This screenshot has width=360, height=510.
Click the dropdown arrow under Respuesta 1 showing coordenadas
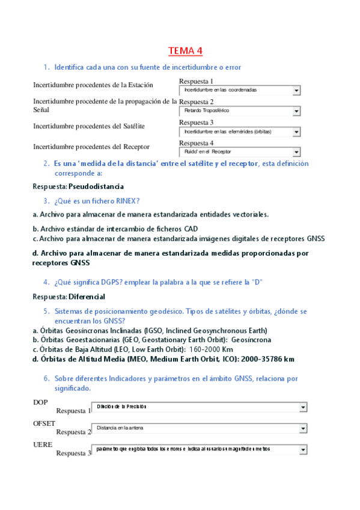pyautogui.click(x=296, y=90)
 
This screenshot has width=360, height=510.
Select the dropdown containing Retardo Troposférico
pyautogui.click(x=239, y=111)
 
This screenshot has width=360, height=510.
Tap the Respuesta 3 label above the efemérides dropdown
pyautogui.click(x=196, y=123)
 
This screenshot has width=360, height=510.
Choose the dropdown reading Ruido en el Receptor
pyautogui.click(x=239, y=152)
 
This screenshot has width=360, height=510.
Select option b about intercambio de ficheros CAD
pyautogui.click(x=115, y=229)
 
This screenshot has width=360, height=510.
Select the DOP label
pyautogui.click(x=40, y=402)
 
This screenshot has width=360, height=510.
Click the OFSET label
pyautogui.click(x=43, y=423)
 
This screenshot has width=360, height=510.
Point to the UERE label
pyautogui.click(x=42, y=444)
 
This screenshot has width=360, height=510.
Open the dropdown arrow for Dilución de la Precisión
pyautogui.click(x=303, y=408)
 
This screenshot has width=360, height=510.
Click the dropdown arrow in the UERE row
pyautogui.click(x=303, y=449)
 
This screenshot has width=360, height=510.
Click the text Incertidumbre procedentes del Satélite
pyautogui.click(x=89, y=126)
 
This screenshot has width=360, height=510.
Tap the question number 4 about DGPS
pyautogui.click(x=46, y=283)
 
